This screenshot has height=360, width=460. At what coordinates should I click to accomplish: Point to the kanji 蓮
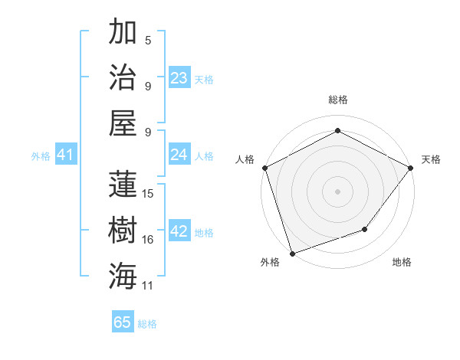coord(123,184)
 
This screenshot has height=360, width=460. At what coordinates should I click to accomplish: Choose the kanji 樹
coord(123,230)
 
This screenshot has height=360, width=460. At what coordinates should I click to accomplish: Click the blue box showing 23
coord(179,78)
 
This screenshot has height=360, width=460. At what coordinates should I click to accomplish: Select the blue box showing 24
coord(179,155)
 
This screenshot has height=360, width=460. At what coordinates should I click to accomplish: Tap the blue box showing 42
coord(179,232)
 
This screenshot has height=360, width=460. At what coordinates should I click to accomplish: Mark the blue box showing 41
coord(65,155)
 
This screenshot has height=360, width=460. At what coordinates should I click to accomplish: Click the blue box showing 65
coord(123,322)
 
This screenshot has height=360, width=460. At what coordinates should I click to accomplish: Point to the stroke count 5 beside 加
coord(148,41)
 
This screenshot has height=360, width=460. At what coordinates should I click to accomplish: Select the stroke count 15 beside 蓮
coord(149,194)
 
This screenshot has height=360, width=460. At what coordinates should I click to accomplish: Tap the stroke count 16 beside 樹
coord(149,240)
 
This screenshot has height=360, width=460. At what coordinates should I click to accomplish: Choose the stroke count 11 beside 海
coord(149,286)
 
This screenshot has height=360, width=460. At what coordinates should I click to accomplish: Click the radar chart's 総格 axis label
coord(338,100)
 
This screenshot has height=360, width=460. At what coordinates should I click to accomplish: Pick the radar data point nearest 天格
coord(411,168)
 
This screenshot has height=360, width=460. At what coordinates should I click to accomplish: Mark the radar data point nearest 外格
coord(292,253)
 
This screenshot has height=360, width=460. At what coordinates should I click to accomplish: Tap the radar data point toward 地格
coord(365,229)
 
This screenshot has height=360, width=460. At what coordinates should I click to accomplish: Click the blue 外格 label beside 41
coord(41,156)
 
